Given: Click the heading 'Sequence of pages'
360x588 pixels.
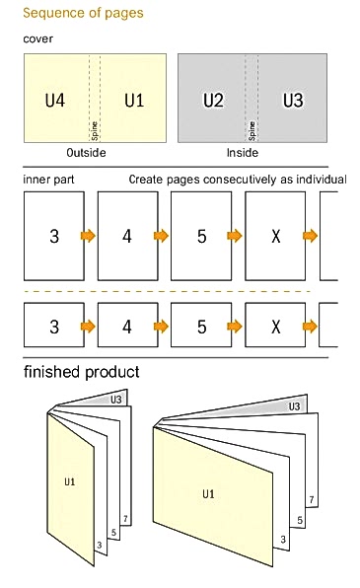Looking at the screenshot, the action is pyautogui.click(x=83, y=13).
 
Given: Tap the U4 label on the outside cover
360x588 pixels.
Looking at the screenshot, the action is pyautogui.click(x=55, y=100).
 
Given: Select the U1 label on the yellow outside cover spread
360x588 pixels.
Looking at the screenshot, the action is pyautogui.click(x=134, y=100).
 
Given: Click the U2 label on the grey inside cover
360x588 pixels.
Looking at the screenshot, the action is pyautogui.click(x=213, y=100).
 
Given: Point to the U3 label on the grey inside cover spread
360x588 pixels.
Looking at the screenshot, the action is pyautogui.click(x=293, y=100).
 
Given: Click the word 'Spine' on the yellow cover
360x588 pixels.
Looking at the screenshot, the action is pyautogui.click(x=95, y=131).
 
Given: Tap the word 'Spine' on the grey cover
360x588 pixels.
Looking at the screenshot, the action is pyautogui.click(x=252, y=131).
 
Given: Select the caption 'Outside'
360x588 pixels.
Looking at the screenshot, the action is pyautogui.click(x=86, y=153).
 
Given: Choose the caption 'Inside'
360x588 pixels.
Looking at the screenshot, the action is pyautogui.click(x=243, y=153).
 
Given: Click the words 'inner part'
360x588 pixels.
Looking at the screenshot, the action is pyautogui.click(x=48, y=180).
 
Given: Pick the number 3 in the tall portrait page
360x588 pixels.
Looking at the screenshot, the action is pyautogui.click(x=54, y=236).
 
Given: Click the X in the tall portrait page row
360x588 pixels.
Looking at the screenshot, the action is pyautogui.click(x=275, y=236).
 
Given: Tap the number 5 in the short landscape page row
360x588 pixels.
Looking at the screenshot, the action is pyautogui.click(x=202, y=327).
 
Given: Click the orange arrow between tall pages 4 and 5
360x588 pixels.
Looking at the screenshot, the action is pyautogui.click(x=161, y=236).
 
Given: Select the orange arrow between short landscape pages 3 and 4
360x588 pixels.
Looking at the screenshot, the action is pyautogui.click(x=88, y=327).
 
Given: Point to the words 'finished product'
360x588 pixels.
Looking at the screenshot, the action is pyautogui.click(x=82, y=372).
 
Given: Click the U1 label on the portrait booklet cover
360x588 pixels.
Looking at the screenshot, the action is pyautogui.click(x=70, y=481).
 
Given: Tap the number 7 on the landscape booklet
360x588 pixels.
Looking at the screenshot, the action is pyautogui.click(x=312, y=500).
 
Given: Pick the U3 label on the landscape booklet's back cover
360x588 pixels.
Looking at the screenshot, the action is pyautogui.click(x=294, y=406).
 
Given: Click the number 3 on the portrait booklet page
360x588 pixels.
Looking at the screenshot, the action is pyautogui.click(x=100, y=545).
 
